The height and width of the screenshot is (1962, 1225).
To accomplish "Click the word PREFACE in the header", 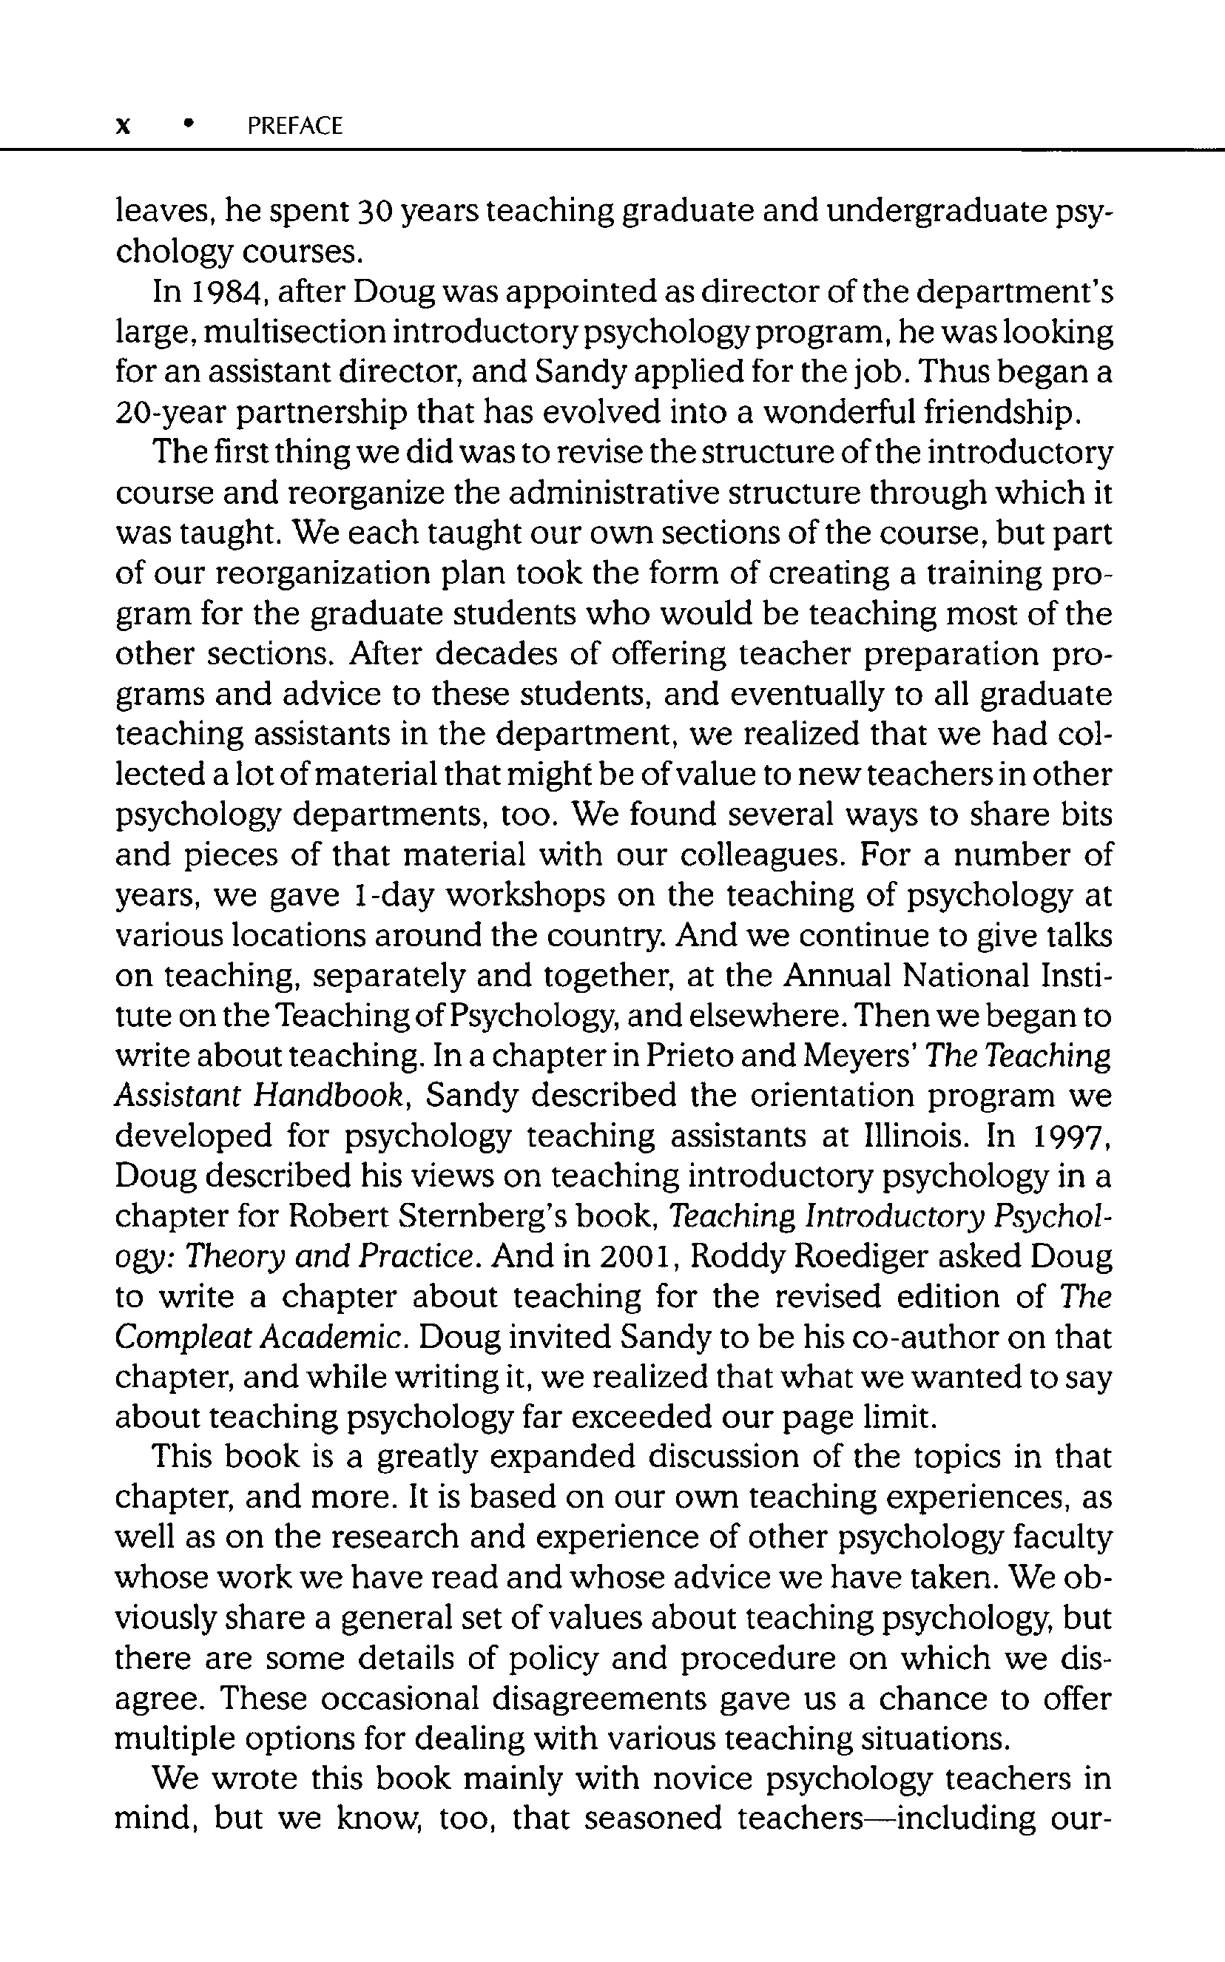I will coord(295,126).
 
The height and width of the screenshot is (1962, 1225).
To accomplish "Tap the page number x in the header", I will coord(123,126).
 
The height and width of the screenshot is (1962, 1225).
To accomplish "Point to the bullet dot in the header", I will coord(189,124).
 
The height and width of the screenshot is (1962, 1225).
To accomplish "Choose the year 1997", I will coord(1066,1136).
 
